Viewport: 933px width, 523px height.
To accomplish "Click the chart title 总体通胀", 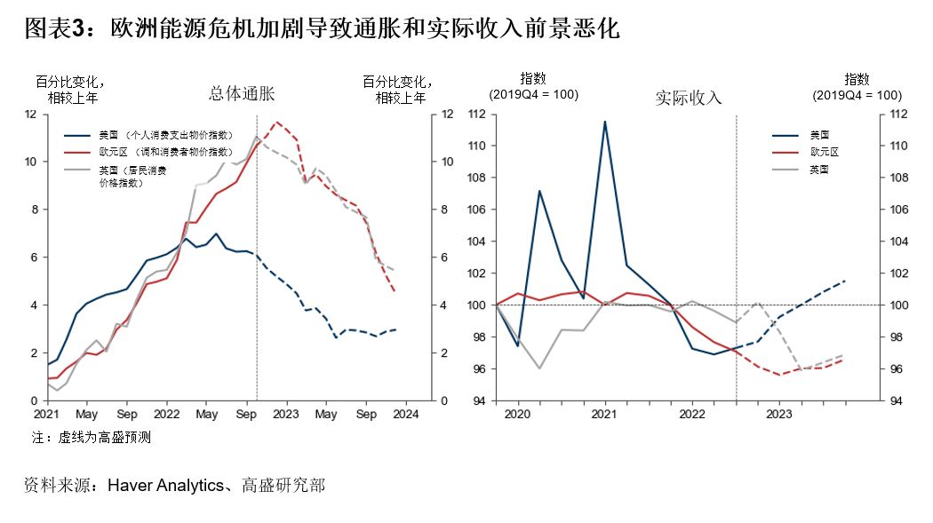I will [x=242, y=93].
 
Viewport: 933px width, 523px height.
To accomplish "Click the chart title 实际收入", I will [x=689, y=98].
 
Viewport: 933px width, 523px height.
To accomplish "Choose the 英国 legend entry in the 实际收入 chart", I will [x=819, y=168].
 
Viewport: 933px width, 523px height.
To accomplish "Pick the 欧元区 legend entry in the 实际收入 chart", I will [x=824, y=152].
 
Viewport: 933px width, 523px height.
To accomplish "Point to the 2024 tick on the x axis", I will [x=406, y=414].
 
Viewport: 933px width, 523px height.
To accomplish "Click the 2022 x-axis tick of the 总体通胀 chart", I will [x=166, y=414].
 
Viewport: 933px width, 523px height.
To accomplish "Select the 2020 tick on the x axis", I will [x=517, y=414].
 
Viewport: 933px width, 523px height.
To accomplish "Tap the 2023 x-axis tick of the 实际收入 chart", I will [x=779, y=414].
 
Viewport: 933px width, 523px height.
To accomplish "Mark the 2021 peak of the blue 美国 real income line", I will [x=605, y=122].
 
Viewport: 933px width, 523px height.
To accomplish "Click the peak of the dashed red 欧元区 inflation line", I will [x=277, y=122].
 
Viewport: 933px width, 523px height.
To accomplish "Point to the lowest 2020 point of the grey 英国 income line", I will [x=538, y=368].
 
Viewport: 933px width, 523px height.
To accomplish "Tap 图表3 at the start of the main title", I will [x=55, y=29].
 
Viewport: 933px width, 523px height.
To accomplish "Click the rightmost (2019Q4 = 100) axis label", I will [x=857, y=95].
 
